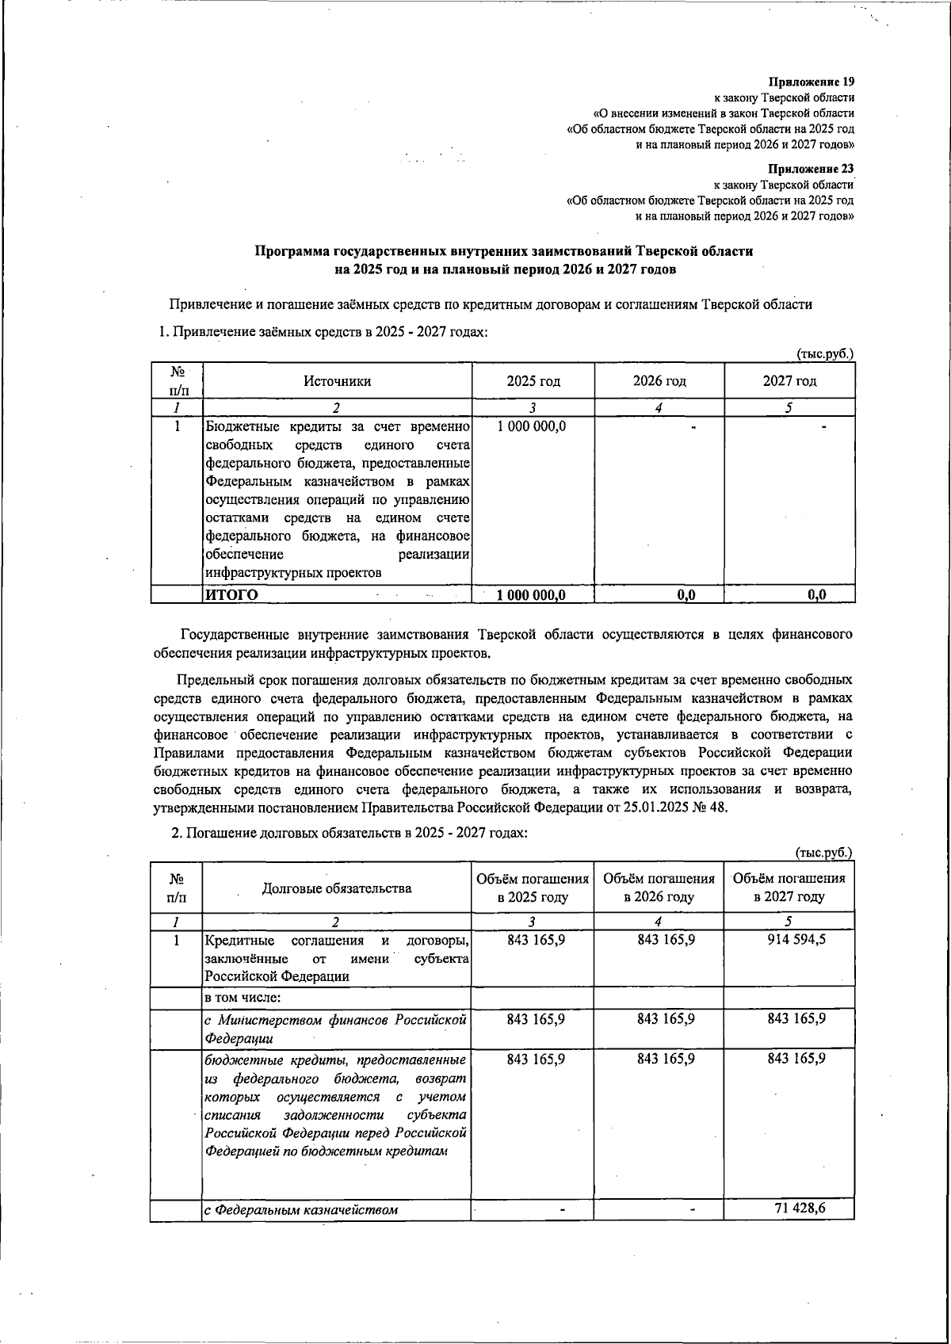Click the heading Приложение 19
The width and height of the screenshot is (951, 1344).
coord(812,82)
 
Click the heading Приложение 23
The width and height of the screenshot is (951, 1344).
coord(812,169)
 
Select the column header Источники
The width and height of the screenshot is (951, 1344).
coord(337,381)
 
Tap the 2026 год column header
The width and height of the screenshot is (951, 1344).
coord(659,381)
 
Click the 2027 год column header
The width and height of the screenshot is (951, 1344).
coord(789,381)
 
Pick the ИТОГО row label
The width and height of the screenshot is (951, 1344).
coord(231,594)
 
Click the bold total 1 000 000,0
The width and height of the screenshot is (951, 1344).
coord(532,595)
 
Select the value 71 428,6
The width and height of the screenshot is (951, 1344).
coord(801,1208)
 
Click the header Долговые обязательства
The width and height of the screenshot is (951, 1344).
coord(337,888)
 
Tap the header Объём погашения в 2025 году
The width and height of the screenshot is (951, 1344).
coord(533,888)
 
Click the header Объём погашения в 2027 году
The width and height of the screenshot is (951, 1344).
coord(789,888)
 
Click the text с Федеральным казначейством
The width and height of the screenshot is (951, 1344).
coord(301,1210)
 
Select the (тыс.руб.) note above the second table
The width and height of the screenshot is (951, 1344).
coord(824,853)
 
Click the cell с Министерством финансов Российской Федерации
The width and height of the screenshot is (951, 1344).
coord(335,1029)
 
